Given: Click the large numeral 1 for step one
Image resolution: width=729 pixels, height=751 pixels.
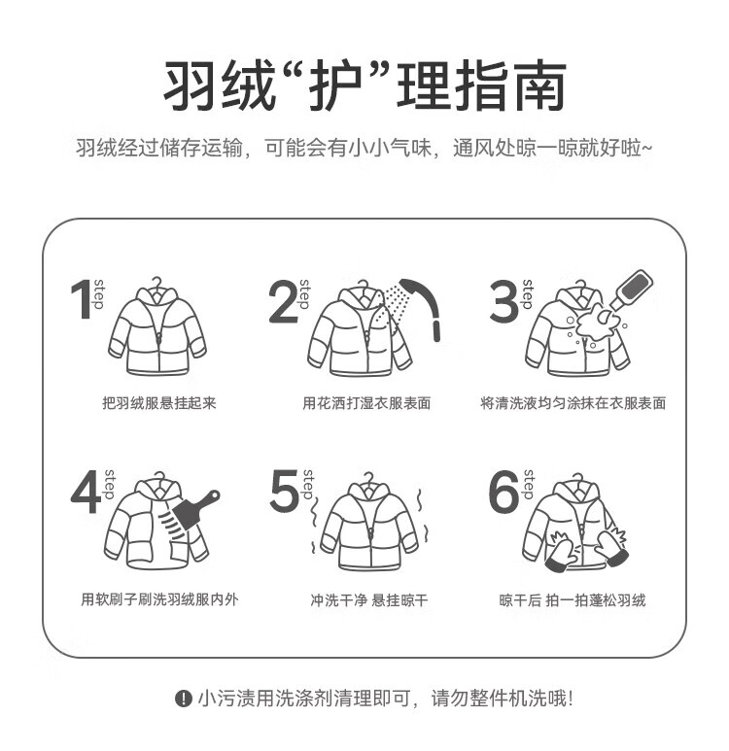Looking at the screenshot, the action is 83,299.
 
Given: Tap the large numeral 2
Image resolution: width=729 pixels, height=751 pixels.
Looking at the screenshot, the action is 283,301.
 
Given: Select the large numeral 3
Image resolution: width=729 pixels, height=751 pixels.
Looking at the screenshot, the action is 503,301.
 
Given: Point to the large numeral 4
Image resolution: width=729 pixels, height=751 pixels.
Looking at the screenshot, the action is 87,492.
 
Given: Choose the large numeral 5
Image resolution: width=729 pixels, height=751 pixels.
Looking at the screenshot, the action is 285,491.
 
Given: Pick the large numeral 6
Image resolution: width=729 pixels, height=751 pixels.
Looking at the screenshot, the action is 503,491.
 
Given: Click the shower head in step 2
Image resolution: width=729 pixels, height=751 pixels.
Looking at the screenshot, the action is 422,307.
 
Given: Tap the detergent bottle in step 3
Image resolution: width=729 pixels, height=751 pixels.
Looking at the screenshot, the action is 633,289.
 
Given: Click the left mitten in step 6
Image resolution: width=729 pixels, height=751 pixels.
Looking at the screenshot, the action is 561,551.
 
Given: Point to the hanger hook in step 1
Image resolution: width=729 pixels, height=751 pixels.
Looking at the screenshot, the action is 156,283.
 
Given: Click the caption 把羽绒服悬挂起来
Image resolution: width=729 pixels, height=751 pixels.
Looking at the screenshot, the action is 159,403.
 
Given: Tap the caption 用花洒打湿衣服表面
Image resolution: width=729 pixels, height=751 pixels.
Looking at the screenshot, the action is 366,403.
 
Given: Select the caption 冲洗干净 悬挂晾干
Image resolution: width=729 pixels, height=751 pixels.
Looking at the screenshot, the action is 368,599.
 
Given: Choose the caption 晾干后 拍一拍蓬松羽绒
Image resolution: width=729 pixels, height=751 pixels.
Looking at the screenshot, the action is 573,599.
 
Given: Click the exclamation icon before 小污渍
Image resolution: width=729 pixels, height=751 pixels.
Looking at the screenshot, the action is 183,699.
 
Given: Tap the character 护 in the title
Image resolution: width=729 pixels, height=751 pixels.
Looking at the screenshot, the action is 335,86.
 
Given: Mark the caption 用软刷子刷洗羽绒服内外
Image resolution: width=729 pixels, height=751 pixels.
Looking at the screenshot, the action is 159,599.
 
